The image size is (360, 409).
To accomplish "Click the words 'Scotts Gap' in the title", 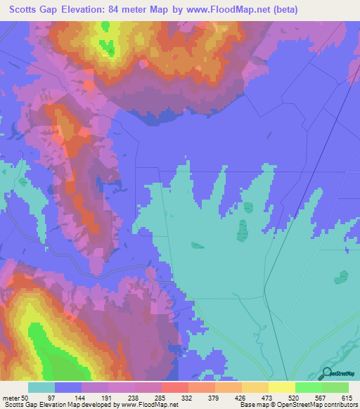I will tap(35, 10).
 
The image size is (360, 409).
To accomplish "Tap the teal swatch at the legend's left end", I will tap(41, 388).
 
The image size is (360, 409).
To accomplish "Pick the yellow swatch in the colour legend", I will tap(282, 388).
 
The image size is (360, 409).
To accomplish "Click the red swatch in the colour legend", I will tap(175, 388).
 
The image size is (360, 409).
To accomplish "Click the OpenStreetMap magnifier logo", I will tap(326, 373).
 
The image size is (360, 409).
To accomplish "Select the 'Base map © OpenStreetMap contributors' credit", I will tap(297, 405).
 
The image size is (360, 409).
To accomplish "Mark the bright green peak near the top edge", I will tap(108, 46).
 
